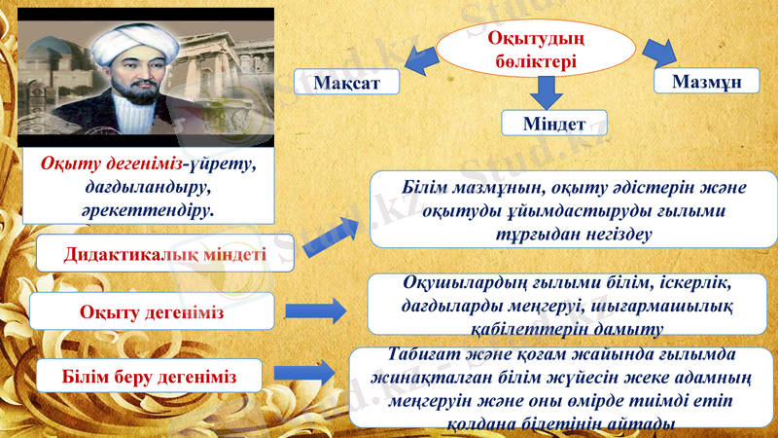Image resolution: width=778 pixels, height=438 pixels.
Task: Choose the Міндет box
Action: [x=553, y=125]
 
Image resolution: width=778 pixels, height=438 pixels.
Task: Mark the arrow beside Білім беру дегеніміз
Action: [x=306, y=374]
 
